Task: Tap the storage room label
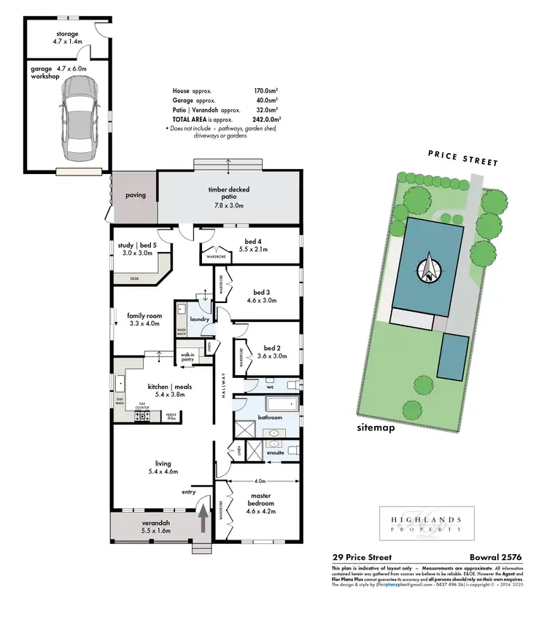point(67,39)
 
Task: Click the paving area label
point(136,194)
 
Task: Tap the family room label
point(144,318)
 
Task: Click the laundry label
point(200,319)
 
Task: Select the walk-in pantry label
point(189,357)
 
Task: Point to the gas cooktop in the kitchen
point(142,416)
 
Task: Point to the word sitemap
point(376,427)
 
